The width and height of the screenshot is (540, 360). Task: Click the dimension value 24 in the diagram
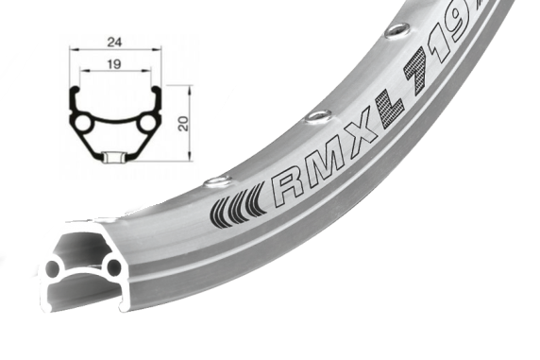(x=114, y=43)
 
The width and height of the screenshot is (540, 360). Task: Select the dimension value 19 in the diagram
(x=114, y=64)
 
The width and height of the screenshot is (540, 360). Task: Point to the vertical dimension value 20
(x=184, y=123)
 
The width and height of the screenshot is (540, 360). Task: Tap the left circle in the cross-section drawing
(x=82, y=124)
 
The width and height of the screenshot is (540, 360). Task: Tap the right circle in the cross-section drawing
(x=147, y=123)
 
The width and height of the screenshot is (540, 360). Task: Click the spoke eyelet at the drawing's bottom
(x=114, y=156)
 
